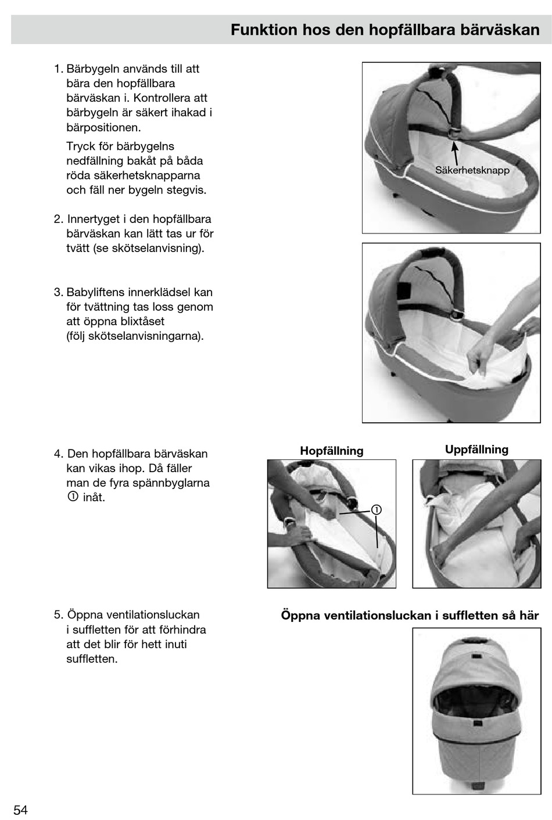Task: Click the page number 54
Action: coord(20,810)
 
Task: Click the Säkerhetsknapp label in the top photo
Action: coord(472,170)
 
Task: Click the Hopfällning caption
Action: coord(331,451)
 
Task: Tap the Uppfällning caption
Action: coord(476,449)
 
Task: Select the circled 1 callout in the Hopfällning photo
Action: coord(377,510)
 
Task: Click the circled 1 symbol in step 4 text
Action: coord(73,497)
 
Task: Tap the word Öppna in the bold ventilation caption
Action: coord(300,616)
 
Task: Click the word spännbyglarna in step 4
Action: coord(172,483)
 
